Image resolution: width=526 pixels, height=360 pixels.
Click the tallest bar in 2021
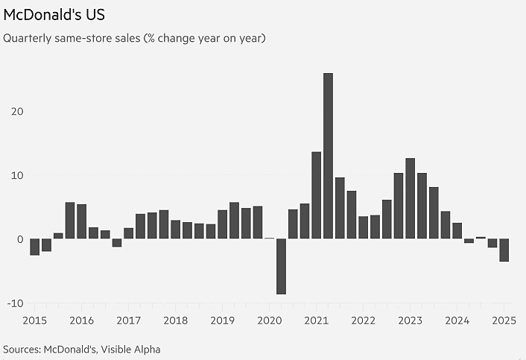(x=328, y=156)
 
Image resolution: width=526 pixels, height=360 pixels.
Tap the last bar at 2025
(x=504, y=250)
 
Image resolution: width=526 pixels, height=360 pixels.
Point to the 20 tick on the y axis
(x=16, y=111)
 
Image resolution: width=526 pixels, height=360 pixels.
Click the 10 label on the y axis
(x=16, y=175)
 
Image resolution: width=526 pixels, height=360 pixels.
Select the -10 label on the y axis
(x=15, y=303)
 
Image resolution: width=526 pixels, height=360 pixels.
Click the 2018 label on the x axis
(x=175, y=320)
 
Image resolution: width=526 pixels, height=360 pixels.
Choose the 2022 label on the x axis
(x=363, y=320)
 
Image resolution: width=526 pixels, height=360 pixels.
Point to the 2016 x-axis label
(x=81, y=320)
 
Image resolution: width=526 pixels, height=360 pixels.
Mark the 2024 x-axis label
(x=457, y=320)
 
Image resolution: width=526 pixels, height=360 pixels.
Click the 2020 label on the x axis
(x=269, y=320)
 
